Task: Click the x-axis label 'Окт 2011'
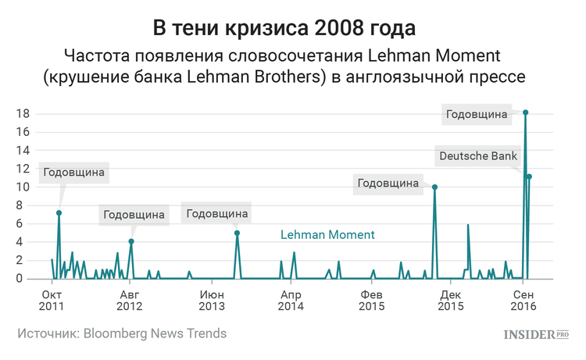click(x=52, y=300)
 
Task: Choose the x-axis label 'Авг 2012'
click(x=130, y=300)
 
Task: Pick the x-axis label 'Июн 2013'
click(x=211, y=300)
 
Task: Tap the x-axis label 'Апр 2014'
click(x=290, y=300)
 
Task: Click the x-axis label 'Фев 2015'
click(x=370, y=300)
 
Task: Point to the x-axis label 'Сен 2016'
click(x=523, y=300)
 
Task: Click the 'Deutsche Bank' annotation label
click(x=478, y=156)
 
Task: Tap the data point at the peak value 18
click(x=525, y=112)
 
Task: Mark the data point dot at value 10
click(x=434, y=187)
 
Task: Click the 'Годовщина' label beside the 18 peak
click(x=477, y=115)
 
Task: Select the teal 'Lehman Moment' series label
click(x=327, y=234)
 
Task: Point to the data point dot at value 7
click(x=59, y=212)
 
